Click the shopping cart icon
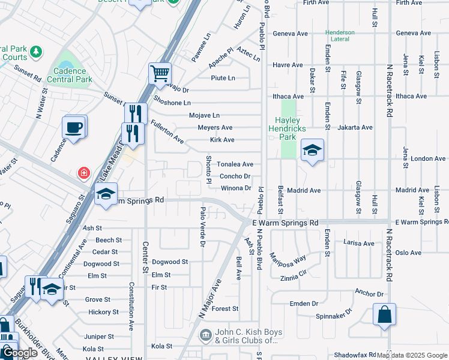[x=160, y=73]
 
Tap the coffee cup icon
[x=74, y=127]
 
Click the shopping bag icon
[x=384, y=314]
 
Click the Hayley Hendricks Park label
[x=291, y=124]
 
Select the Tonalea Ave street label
[x=235, y=164]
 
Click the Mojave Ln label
[x=204, y=115]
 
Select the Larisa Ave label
[x=358, y=243]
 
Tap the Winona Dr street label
[x=236, y=188]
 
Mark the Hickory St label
[x=103, y=312]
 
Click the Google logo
[x=20, y=353]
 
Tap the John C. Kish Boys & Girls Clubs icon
[x=205, y=334]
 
